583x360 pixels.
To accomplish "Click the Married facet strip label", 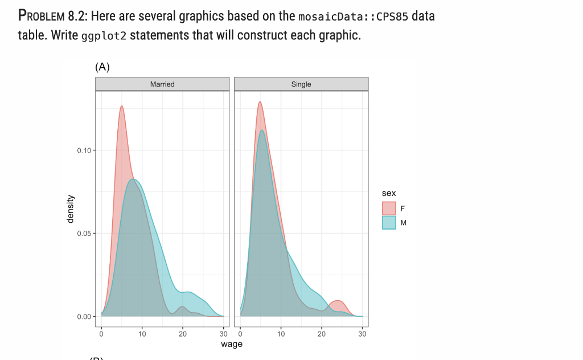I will [162, 84].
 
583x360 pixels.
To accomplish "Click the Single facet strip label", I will [301, 84].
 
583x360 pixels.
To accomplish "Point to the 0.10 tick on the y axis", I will [83, 150].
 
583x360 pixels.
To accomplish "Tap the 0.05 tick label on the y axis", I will [83, 234].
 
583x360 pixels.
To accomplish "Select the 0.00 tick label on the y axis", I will [83, 317].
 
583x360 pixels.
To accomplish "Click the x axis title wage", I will [232, 344].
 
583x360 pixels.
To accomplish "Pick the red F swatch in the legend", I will [389, 208].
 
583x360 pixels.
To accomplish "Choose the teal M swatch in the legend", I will [389, 222].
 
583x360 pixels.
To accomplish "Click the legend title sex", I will [389, 194].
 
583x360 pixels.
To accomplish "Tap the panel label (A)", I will [102, 67].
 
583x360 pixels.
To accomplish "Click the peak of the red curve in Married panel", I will [121, 107].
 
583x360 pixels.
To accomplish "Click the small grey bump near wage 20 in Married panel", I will [182, 308].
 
